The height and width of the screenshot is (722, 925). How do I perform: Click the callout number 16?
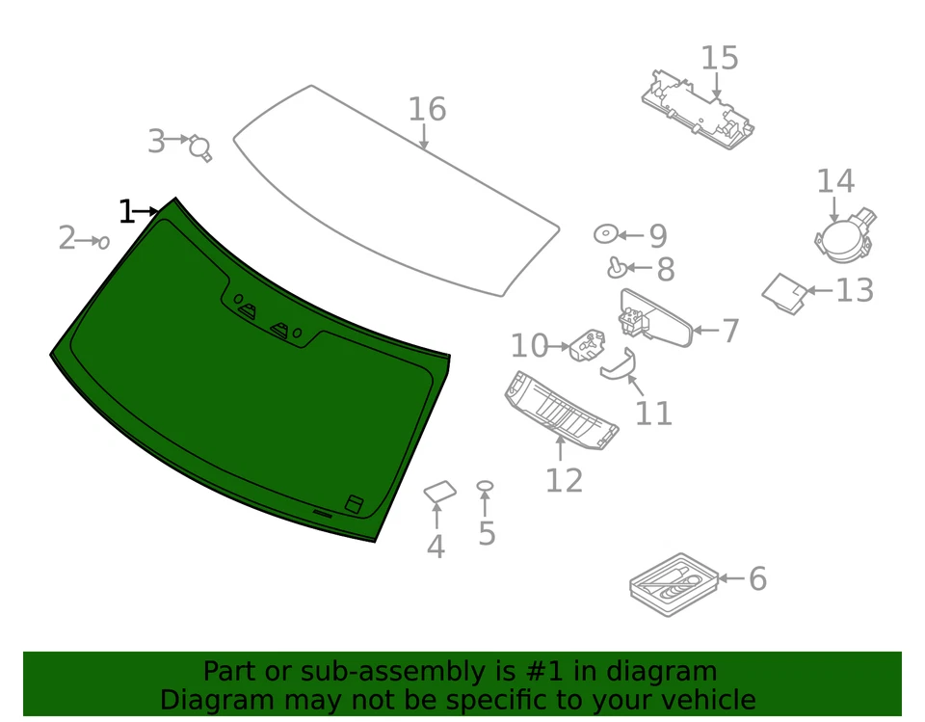(x=427, y=110)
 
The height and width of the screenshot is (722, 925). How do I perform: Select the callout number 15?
(x=719, y=59)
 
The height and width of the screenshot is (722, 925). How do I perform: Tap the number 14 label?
(x=835, y=181)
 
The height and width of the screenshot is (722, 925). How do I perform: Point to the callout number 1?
(x=126, y=212)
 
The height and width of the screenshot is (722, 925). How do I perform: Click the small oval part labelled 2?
(x=103, y=242)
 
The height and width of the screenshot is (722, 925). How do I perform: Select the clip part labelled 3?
(x=201, y=147)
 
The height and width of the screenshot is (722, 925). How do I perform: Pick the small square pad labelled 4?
(x=439, y=493)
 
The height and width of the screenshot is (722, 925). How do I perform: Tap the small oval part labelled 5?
(x=486, y=486)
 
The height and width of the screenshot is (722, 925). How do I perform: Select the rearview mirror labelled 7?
(x=659, y=320)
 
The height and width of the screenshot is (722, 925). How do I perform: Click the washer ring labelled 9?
(x=605, y=234)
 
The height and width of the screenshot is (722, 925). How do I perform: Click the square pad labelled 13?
(x=784, y=292)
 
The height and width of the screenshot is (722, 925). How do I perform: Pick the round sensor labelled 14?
(x=841, y=239)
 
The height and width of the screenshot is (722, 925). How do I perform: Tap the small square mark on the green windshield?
(x=355, y=503)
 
